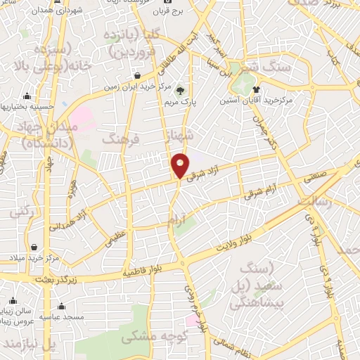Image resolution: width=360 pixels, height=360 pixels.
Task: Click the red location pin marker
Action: click(180, 165)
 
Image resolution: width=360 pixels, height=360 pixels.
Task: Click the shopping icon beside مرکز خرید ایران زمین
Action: click(136, 75)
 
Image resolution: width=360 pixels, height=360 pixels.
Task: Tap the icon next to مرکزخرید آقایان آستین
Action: click(257, 89)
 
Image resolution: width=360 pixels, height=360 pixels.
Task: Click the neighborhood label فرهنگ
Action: click(121, 139)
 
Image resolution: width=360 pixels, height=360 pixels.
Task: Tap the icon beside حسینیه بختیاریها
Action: click(27, 96)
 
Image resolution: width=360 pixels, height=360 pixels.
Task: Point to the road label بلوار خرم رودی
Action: click(195, 308)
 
